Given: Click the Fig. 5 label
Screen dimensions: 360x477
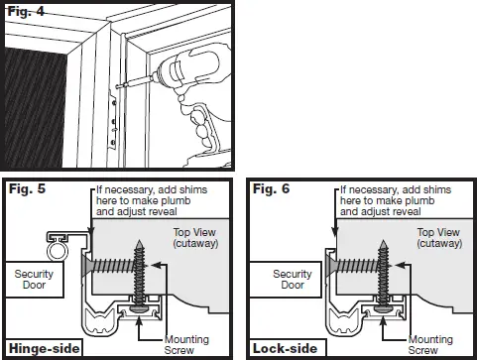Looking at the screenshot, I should coord(28,187).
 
